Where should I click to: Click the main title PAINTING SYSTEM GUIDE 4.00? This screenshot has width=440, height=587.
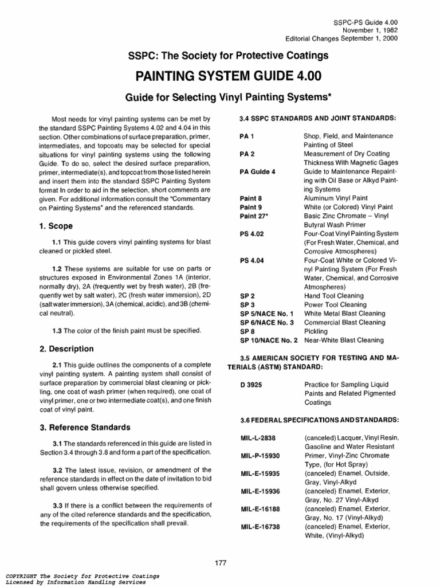227,76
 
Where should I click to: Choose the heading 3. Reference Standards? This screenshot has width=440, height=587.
85,427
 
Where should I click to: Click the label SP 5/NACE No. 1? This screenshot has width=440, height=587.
267,314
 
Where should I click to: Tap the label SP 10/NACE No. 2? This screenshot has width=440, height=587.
269,340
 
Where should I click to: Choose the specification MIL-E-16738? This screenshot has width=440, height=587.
261,526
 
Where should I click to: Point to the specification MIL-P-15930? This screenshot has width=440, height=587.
261,456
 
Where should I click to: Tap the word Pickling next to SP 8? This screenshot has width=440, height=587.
316,331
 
